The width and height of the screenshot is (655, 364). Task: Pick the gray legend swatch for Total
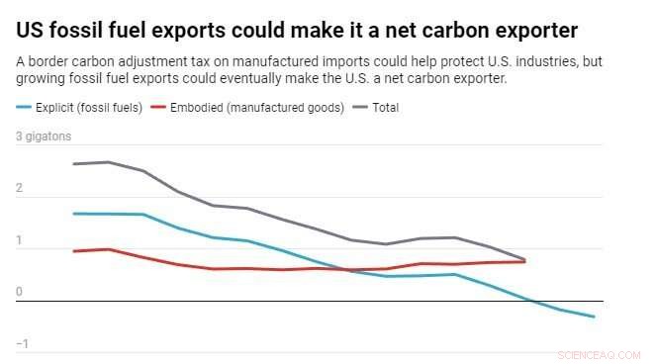[x=361, y=108]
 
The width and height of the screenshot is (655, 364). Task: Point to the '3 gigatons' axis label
[x=43, y=136]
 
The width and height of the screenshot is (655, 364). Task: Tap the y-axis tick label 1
[x=19, y=240]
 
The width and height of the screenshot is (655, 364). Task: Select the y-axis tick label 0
[x=19, y=292]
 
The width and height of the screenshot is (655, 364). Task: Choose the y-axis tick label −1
[x=22, y=343]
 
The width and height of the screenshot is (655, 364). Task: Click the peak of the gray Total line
[x=109, y=162]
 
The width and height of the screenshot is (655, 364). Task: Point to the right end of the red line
[x=524, y=261]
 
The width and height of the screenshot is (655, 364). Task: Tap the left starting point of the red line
[x=75, y=251]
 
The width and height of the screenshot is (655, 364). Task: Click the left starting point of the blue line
[x=75, y=214]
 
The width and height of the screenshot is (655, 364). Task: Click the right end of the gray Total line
[x=524, y=259]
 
